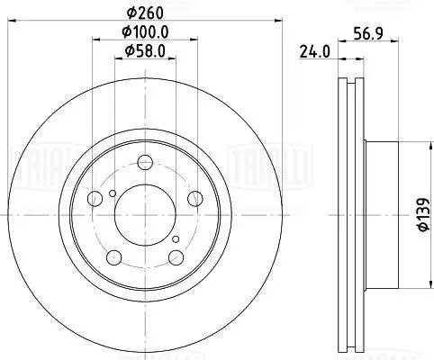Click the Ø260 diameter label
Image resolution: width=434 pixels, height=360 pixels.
[x=145, y=13]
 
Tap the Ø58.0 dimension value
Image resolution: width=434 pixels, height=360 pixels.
[x=145, y=51]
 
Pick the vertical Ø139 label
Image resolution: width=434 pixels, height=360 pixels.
[x=420, y=216]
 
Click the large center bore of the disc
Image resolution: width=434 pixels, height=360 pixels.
[x=145, y=213]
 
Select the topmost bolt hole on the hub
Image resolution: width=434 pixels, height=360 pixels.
[x=145, y=164]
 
